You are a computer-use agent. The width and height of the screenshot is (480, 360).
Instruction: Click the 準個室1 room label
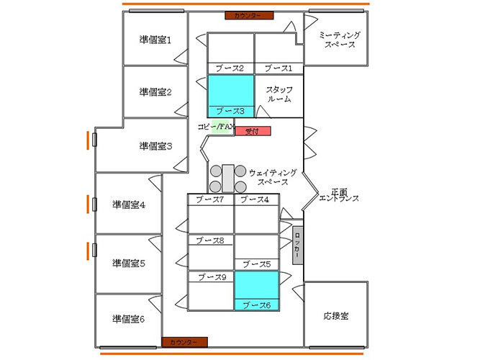click(155, 40)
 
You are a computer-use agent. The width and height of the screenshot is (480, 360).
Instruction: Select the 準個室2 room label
click(155, 91)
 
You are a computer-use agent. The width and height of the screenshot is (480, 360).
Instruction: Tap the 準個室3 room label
click(155, 145)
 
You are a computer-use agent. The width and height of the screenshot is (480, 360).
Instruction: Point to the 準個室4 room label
click(129, 204)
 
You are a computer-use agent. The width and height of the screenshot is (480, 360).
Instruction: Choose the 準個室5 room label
click(129, 263)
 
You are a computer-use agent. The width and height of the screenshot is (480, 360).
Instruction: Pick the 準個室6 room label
click(129, 318)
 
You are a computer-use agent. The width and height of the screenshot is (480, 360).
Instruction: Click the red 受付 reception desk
click(251, 131)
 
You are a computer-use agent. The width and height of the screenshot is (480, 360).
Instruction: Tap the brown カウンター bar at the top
click(248, 15)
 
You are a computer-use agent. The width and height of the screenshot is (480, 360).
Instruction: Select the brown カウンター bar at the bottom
click(184, 341)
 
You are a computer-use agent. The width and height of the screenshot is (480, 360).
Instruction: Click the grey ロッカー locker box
click(297, 245)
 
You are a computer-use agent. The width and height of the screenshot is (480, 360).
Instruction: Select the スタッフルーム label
click(279, 94)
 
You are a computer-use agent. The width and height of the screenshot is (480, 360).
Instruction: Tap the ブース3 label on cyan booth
click(230, 111)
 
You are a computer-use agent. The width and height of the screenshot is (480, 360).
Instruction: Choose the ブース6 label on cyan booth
click(255, 305)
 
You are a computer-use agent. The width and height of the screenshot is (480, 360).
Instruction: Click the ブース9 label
click(212, 276)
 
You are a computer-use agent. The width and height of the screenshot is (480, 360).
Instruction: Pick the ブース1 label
click(279, 68)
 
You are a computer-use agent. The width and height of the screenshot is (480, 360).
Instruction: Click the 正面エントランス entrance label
click(338, 194)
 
